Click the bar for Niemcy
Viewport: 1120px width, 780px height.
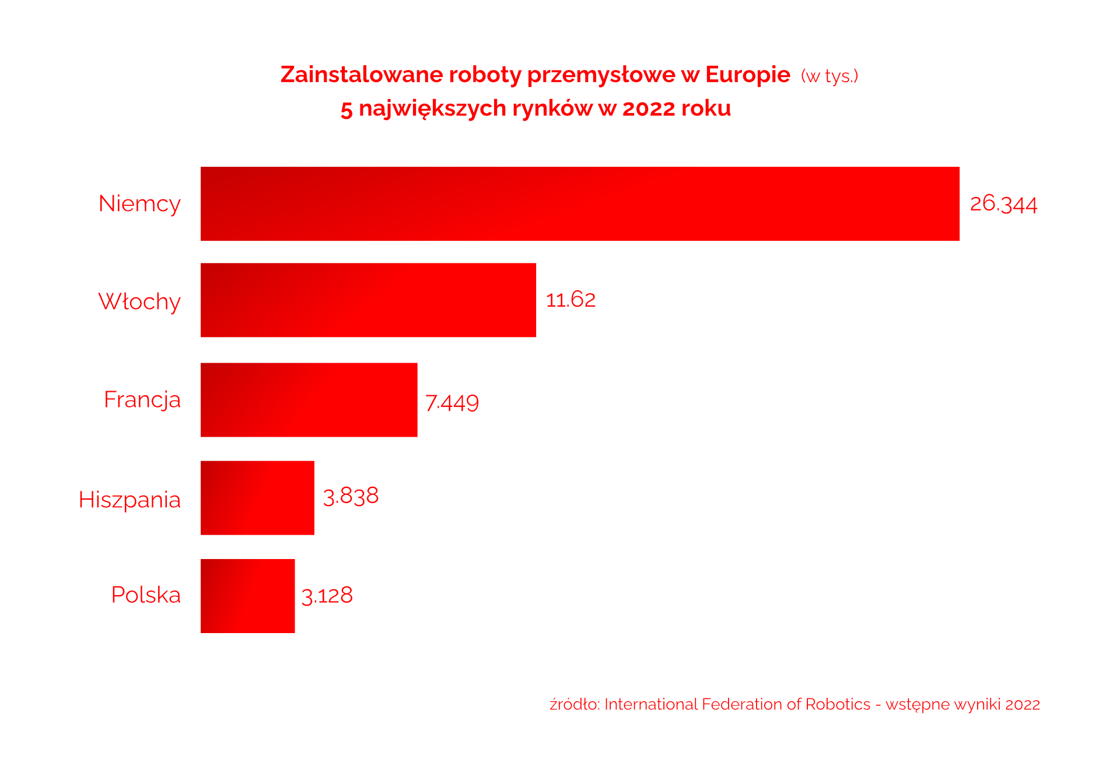pos(580,203)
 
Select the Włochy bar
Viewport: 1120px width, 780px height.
pos(368,300)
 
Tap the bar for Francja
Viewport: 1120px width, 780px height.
pos(309,399)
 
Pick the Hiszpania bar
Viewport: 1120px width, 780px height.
pos(257,497)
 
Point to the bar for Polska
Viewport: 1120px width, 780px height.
pos(247,595)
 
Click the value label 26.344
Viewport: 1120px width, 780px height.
pos(1003,204)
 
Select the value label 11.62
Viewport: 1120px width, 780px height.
pos(570,300)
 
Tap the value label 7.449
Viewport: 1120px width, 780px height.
pos(452,403)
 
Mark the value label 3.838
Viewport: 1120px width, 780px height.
pos(351,496)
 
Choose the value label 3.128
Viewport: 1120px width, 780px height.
pos(327,596)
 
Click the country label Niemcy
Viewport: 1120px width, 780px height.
pos(139,204)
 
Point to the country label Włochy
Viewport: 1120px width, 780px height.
pos(139,301)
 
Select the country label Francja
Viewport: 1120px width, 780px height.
pos(142,400)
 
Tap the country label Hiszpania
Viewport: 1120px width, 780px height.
pos(129,500)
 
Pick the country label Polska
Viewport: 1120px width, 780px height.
pos(146,595)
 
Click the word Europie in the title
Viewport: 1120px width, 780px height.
pos(747,75)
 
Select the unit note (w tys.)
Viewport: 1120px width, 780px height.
pos(829,76)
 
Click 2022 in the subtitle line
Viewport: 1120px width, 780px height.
pos(648,108)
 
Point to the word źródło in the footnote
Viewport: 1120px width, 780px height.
pos(574,704)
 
